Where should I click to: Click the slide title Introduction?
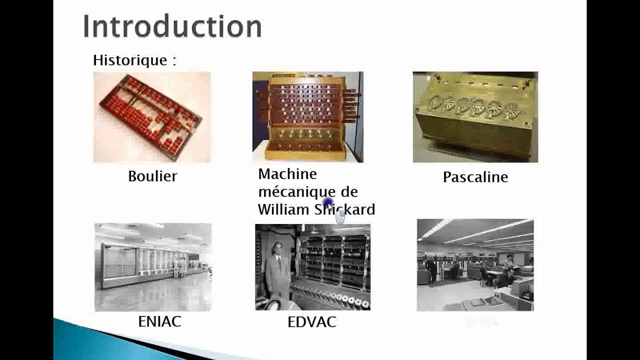(172, 26)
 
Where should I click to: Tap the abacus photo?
(151, 117)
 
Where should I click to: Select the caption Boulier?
(152, 176)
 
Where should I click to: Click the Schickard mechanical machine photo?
(307, 117)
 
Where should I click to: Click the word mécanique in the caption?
(290, 192)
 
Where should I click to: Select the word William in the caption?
(283, 209)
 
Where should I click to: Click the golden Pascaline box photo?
(475, 117)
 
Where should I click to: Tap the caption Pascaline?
(475, 177)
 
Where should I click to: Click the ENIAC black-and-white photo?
(153, 267)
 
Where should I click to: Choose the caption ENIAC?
(159, 321)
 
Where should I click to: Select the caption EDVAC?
(311, 322)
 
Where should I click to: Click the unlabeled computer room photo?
(475, 265)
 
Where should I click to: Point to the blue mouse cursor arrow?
(328, 203)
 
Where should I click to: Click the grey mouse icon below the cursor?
(340, 217)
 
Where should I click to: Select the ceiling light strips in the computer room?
(480, 232)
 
